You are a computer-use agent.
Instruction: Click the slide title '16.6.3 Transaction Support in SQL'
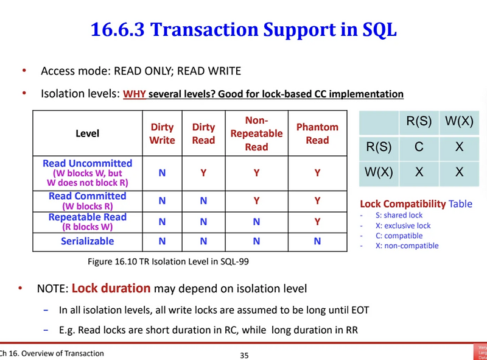tap(243, 29)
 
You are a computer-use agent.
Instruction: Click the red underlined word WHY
tap(135, 94)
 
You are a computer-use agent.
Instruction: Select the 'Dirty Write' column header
tap(162, 133)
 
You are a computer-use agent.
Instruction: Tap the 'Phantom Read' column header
tap(317, 133)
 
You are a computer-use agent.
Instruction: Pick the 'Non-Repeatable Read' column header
tap(256, 133)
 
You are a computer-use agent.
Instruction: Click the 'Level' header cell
tap(87, 133)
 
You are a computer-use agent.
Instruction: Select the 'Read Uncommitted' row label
tap(87, 163)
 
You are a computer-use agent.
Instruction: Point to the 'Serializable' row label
tap(87, 241)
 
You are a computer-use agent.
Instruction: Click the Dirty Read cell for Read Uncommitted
tap(203, 173)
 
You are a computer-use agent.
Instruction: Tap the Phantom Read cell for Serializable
tap(317, 241)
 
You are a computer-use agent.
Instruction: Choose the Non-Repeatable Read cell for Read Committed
tap(256, 200)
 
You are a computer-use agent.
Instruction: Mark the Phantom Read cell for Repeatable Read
tap(317, 222)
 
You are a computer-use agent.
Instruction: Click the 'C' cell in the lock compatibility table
tap(419, 147)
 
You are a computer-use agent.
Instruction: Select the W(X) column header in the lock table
tap(459, 121)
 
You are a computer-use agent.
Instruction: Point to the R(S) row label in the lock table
tap(379, 147)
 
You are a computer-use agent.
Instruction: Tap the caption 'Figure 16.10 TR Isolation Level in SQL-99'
tap(169, 261)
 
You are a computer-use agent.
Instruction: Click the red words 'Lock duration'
tap(111, 288)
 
